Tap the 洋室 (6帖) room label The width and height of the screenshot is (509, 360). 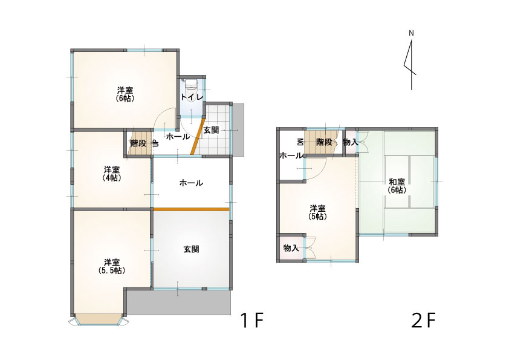125,94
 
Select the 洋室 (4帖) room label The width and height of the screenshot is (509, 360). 112,174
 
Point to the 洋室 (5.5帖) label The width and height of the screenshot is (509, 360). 112,266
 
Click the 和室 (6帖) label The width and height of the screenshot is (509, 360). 397,186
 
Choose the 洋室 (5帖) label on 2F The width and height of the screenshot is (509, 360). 317,212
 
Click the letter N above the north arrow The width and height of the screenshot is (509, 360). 411,33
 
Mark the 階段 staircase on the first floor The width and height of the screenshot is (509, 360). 138,143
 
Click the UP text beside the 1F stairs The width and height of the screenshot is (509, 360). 155,143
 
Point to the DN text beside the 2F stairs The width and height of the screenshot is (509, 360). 300,142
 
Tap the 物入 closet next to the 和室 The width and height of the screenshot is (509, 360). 350,142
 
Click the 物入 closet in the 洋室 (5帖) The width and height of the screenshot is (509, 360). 291,248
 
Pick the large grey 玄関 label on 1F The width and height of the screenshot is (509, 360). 191,249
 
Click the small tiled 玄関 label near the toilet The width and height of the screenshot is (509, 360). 211,130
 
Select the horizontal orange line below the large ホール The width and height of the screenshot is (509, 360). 192,209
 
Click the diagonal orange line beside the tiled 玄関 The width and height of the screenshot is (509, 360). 197,136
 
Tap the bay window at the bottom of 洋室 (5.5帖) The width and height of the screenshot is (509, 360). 99,319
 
